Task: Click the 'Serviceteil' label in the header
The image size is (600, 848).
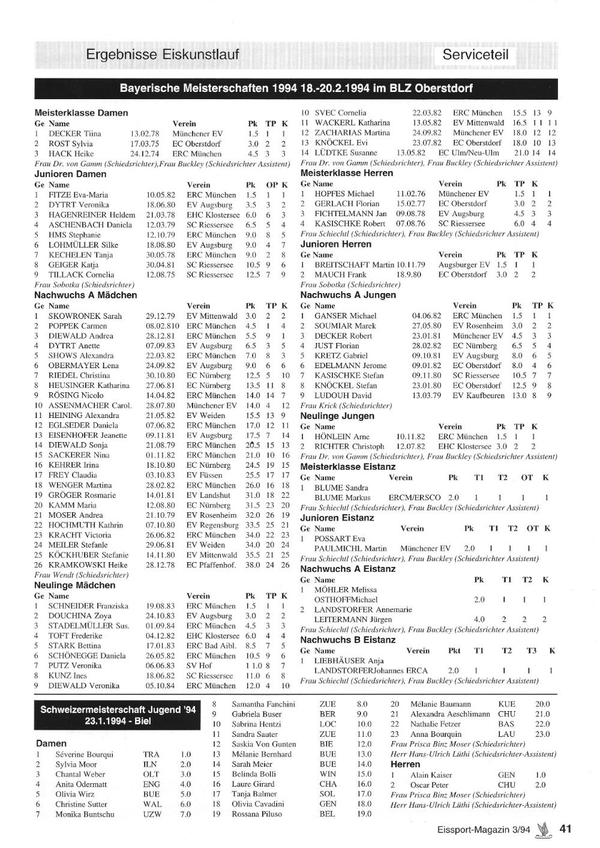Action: [475, 55]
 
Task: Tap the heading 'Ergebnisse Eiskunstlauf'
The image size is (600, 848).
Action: [162, 55]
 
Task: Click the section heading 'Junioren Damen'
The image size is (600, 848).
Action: [70, 174]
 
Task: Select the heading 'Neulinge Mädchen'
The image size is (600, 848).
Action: [74, 585]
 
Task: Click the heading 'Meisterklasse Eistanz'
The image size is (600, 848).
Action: [347, 467]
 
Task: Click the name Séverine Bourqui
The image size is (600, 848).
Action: [84, 754]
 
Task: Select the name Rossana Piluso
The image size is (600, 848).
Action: [256, 814]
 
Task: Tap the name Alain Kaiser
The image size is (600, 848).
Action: [431, 775]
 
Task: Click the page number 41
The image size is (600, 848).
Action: [565, 829]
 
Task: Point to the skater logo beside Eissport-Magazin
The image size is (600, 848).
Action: [544, 829]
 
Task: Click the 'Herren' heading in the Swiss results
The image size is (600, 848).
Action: [405, 764]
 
